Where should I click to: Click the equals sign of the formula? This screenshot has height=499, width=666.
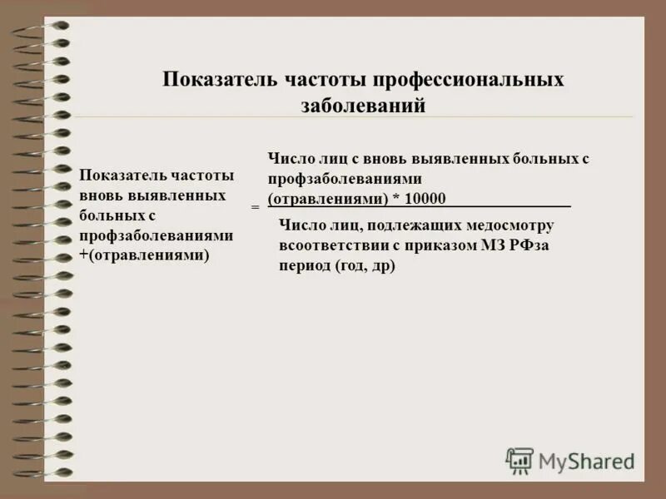tap(255, 205)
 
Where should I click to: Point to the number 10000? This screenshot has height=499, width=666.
tap(425, 199)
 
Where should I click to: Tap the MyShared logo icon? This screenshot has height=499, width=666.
tap(519, 460)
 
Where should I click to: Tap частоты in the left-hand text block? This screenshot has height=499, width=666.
tap(203, 175)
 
